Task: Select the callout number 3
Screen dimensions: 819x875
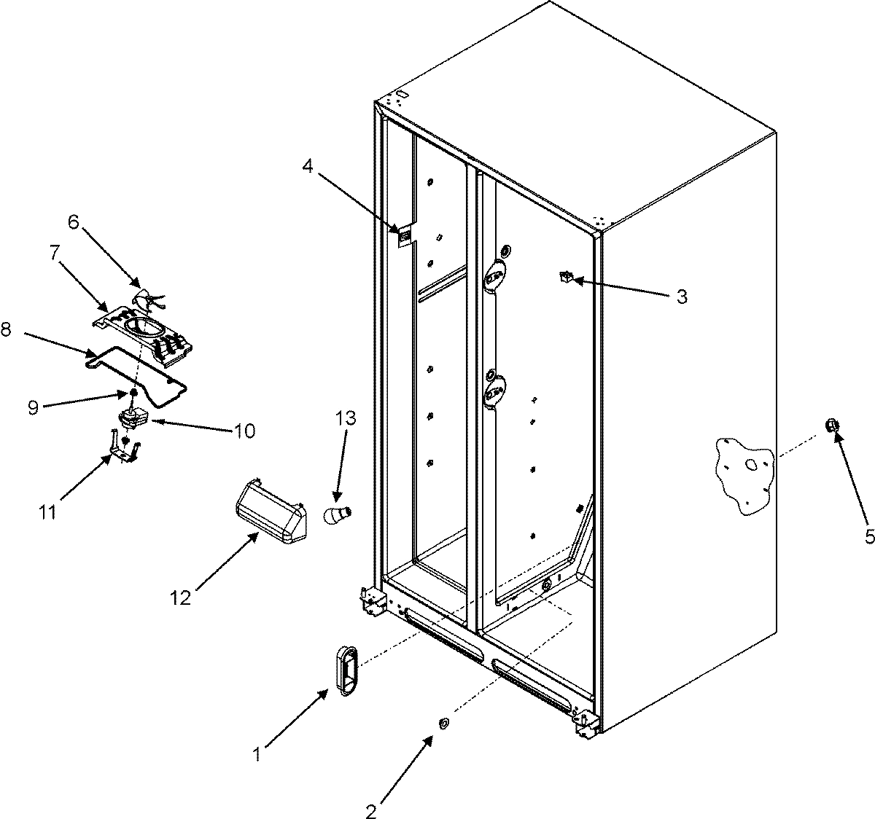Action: coord(681,297)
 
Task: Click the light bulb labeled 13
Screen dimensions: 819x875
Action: coord(338,514)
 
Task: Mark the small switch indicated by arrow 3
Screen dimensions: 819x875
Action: coord(564,276)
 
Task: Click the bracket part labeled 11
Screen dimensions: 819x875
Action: coord(122,450)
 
